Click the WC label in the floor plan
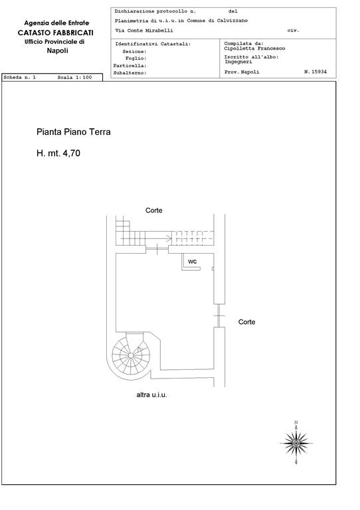pos(192,262)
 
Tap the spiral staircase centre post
pos(131,355)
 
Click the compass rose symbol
pos(296,443)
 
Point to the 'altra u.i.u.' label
pos(151,395)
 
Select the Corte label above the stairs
pos(154,211)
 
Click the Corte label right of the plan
pos(246,322)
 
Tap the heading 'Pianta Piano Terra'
pos(74,131)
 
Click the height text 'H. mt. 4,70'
pos(58,153)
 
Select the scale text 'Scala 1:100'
pos(74,78)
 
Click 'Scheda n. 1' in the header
pos(19,78)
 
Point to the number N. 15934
pos(315,72)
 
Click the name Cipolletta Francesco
pos(254,48)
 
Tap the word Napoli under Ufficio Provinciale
pos(57,50)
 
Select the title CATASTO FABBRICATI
pos(56,33)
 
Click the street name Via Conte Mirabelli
pos(143,31)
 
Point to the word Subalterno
pos(130,73)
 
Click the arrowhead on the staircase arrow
pos(169,238)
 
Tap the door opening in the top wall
pos(157,250)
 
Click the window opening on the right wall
pos(219,315)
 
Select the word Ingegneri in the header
pos(238,62)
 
